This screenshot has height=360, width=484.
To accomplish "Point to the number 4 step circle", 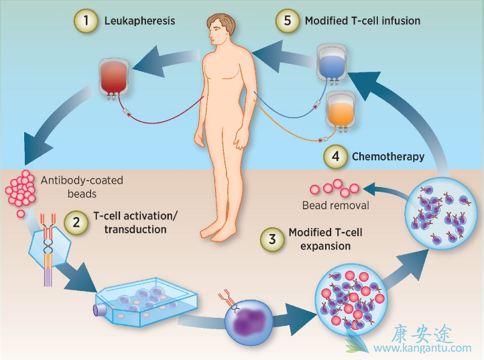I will pos(335,158).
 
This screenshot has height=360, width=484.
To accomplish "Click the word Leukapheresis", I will pos(139,21).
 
